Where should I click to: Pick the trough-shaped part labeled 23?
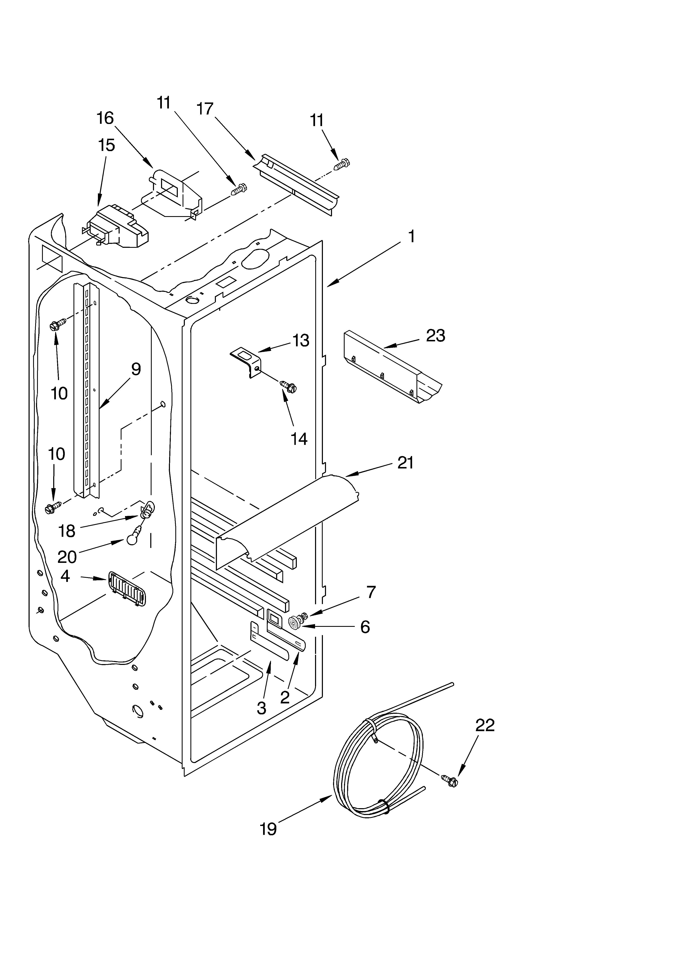click(x=390, y=366)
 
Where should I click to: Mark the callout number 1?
click(x=411, y=236)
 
